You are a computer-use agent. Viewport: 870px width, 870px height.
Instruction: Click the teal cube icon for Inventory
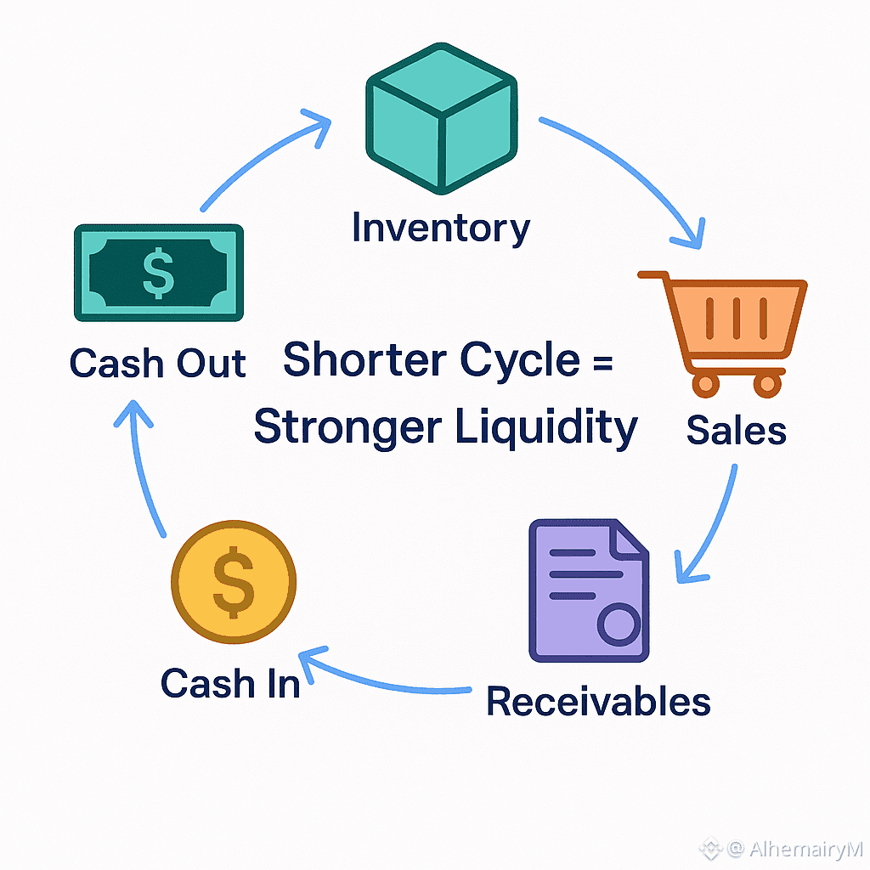tap(441, 118)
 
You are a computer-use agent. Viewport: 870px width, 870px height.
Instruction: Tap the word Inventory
tap(441, 228)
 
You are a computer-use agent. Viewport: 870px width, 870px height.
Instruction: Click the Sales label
tap(736, 430)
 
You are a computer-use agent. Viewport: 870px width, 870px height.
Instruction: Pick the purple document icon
tap(588, 590)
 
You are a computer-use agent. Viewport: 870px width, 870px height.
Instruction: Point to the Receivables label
tap(598, 702)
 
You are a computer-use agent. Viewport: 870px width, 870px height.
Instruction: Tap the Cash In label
tap(230, 684)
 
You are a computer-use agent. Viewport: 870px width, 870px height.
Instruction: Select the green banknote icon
tap(159, 272)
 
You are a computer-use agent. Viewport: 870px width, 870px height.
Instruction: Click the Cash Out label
tap(158, 364)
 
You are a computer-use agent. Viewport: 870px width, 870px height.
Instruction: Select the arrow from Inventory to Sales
tap(629, 170)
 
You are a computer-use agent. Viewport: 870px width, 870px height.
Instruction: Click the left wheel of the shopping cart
tap(705, 384)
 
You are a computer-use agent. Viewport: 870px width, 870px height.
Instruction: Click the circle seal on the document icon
tap(618, 624)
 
